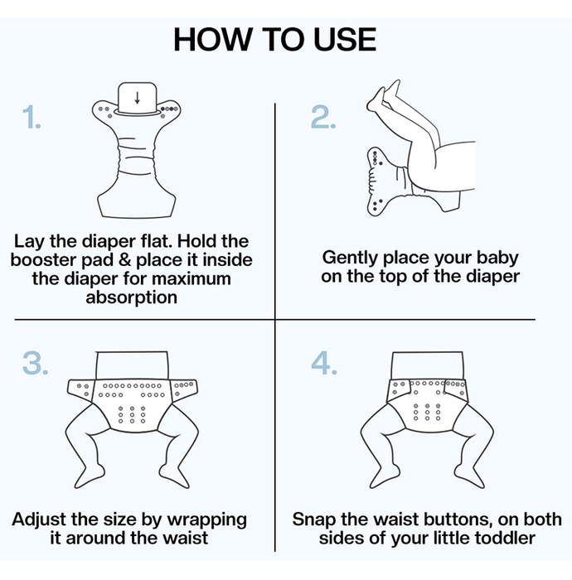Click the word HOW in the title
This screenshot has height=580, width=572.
[x=212, y=40]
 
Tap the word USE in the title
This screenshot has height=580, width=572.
[x=345, y=40]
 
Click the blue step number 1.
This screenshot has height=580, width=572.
[x=32, y=117]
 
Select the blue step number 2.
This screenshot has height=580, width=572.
[x=323, y=117]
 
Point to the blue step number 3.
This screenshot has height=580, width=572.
[x=35, y=363]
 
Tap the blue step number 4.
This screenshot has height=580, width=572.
[x=324, y=363]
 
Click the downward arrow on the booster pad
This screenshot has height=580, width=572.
[x=138, y=98]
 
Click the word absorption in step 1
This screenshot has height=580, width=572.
[x=132, y=297]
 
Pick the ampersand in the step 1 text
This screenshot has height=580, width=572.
[x=125, y=259]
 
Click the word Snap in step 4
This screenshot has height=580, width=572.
[x=314, y=520]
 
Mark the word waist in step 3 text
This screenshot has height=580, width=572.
[x=186, y=539]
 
